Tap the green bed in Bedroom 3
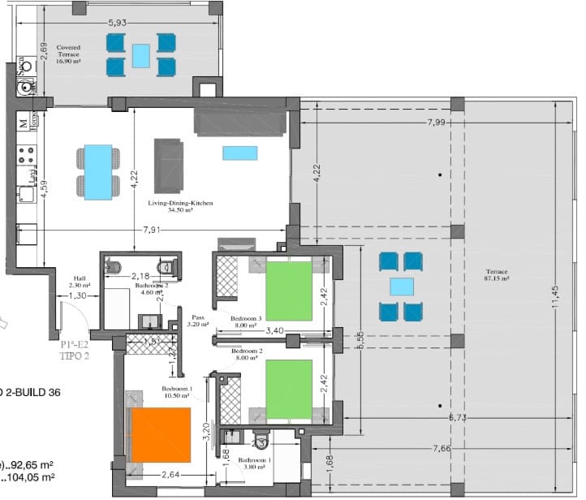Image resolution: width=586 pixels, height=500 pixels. (288, 291)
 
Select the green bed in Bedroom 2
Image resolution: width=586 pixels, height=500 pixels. (288, 389)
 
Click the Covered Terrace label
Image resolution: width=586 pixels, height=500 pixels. (68, 54)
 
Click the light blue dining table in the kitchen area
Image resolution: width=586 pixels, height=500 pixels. (98, 171)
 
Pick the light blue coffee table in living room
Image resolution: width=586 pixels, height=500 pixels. (239, 153)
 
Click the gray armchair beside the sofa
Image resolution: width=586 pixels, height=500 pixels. (169, 165)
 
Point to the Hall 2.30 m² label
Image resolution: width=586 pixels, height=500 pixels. (79, 281)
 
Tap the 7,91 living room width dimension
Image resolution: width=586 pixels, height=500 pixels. (150, 231)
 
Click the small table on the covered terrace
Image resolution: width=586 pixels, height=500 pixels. (140, 55)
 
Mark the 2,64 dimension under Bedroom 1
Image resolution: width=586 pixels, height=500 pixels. (169, 475)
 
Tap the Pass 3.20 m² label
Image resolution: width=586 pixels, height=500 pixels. (199, 321)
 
